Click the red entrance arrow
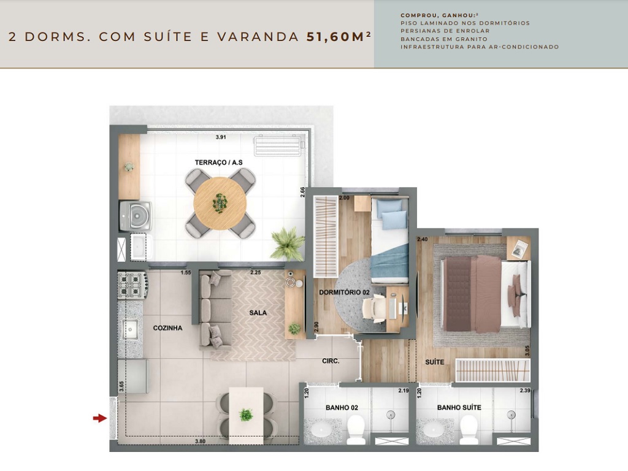pyautogui.click(x=99, y=418)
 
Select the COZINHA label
pyautogui.click(x=167, y=328)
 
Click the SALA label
pyautogui.click(x=258, y=312)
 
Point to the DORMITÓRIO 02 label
pyautogui.click(x=344, y=293)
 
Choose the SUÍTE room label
pyautogui.click(x=434, y=362)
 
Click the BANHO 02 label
pyautogui.click(x=342, y=407)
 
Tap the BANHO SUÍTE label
pyautogui.click(x=459, y=407)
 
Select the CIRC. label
pyautogui.click(x=331, y=361)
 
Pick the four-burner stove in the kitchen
pyautogui.click(x=133, y=285)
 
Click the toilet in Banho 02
pyautogui.click(x=356, y=429)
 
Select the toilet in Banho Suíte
pyautogui.click(x=469, y=429)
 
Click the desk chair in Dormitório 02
pyautogui.click(x=374, y=306)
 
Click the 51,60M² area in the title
pyautogui.click(x=339, y=36)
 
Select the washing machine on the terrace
pyautogui.click(x=134, y=215)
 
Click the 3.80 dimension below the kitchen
pyautogui.click(x=200, y=442)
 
